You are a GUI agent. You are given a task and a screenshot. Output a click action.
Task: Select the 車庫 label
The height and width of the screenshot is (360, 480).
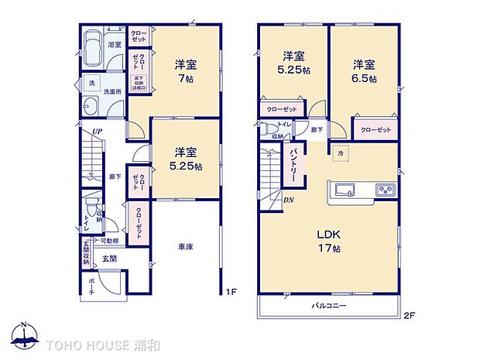pyautogui.click(x=185, y=247)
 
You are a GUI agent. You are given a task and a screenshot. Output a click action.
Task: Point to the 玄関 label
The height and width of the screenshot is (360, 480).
pyautogui.click(x=108, y=259)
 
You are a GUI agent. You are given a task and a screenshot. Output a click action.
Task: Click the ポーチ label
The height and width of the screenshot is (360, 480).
pyautogui.click(x=92, y=283)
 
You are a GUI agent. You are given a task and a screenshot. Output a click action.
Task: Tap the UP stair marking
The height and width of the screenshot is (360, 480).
pyautogui.click(x=97, y=132)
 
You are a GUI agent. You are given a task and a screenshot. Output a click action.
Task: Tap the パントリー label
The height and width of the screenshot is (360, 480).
pyautogui.click(x=294, y=165)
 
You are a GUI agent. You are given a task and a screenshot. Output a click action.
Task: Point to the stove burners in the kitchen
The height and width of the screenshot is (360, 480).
pyautogui.click(x=385, y=190)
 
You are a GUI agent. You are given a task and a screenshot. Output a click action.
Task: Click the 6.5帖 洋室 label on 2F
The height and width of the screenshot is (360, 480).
pyautogui.click(x=365, y=71)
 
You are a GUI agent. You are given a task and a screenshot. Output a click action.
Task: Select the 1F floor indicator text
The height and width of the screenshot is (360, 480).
pyautogui.click(x=231, y=292)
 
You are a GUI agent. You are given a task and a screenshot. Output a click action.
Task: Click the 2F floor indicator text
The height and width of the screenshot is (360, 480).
pyautogui.click(x=409, y=314)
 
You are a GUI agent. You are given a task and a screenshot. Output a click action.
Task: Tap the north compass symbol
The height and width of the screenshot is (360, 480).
pyautogui.click(x=26, y=335)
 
